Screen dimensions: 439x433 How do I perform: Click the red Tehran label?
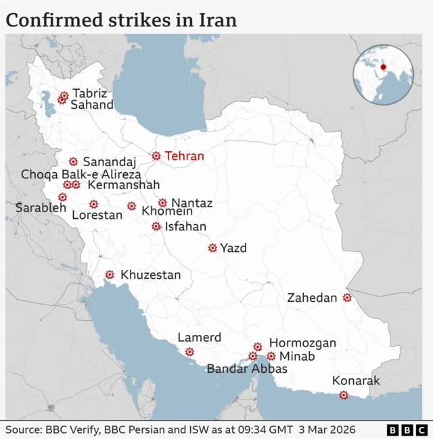pyautogui.click(x=184, y=156)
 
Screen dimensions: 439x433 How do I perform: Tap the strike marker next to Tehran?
pyautogui.click(x=156, y=156)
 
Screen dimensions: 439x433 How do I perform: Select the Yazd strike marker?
pyautogui.click(x=212, y=249)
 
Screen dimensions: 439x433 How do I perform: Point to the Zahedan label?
pyautogui.click(x=312, y=298)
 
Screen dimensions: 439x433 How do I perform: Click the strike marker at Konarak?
pyautogui.click(x=344, y=395)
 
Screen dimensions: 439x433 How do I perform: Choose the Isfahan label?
pyautogui.click(x=185, y=227)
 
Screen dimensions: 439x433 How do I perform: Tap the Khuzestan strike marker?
pyautogui.click(x=110, y=275)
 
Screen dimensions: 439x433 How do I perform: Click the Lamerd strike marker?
pyautogui.click(x=189, y=352)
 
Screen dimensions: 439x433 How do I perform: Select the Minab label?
pyautogui.click(x=298, y=357)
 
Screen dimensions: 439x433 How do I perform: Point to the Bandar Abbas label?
pyautogui.click(x=247, y=369)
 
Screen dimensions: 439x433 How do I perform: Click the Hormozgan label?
pyautogui.click(x=302, y=343)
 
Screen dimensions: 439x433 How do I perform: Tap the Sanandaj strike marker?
pyautogui.click(x=73, y=161)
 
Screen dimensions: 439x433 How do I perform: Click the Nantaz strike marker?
pyautogui.click(x=162, y=203)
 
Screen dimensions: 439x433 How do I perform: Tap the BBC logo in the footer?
pyautogui.click(x=407, y=430)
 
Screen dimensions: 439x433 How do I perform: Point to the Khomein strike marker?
pyautogui.click(x=131, y=206)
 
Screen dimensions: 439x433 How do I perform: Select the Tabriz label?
pyautogui.click(x=90, y=93)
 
